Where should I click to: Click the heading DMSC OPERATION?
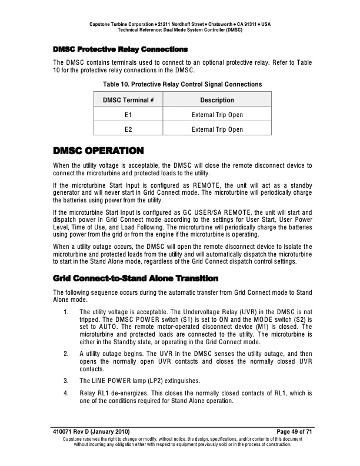pyautogui.click(x=98, y=151)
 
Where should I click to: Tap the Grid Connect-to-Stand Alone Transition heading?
pyautogui.click(x=135, y=278)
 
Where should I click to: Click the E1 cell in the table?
pyautogui.click(x=128, y=115)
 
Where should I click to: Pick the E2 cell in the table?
pyautogui.click(x=128, y=129)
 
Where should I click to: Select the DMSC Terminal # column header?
pyautogui.click(x=128, y=100)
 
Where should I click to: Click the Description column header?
pyautogui.click(x=217, y=100)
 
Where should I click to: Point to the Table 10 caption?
pyautogui.click(x=182, y=84)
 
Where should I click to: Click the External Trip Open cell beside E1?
pyautogui.click(x=217, y=115)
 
